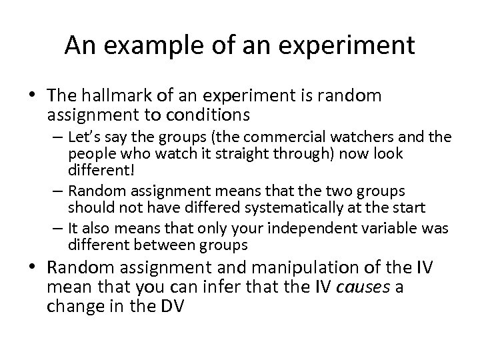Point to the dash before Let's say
coord(58,138)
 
